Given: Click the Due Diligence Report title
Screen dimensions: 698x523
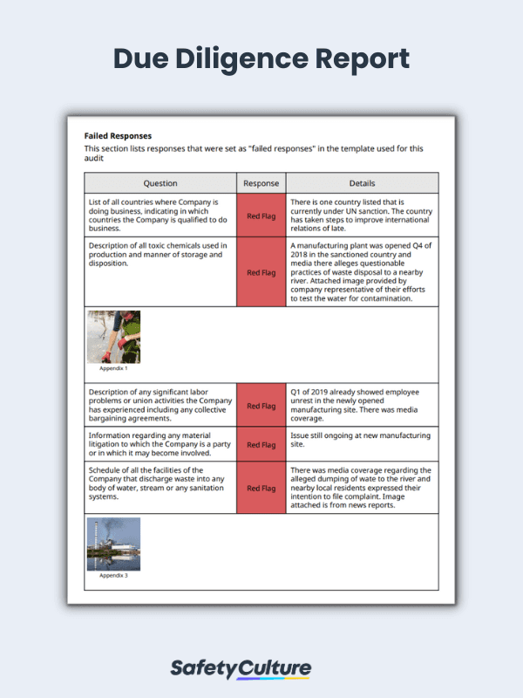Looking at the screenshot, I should tap(261, 59).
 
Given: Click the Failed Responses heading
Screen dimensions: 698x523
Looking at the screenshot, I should tap(118, 136).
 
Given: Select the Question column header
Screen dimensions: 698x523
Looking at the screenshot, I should tap(160, 183).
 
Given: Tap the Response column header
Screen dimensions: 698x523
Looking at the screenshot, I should tap(261, 183).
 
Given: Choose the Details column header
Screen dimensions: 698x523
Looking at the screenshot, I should tap(362, 183).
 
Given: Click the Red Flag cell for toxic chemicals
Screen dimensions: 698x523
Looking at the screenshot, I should tap(261, 272).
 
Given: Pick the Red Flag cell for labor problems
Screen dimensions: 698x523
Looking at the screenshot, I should tap(261, 406).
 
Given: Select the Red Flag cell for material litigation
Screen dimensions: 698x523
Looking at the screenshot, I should tap(261, 444).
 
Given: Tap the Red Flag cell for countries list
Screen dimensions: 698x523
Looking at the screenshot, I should tap(261, 216).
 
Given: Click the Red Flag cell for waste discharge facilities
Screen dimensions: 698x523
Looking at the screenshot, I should tap(261, 488).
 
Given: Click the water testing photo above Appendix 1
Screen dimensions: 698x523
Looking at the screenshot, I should tap(113, 337).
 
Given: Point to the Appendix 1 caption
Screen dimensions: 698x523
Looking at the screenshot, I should tap(113, 368).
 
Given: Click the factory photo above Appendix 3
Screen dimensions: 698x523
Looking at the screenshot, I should tap(113, 544).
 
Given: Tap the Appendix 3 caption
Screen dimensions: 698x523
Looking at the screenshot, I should tap(113, 576).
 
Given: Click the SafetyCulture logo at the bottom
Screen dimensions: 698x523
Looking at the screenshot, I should tap(240, 669).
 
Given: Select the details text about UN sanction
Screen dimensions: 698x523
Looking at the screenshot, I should tap(361, 216).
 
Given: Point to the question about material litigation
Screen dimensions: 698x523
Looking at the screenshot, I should tap(160, 444).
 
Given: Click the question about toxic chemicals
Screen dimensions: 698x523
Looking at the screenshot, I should tap(160, 254).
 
